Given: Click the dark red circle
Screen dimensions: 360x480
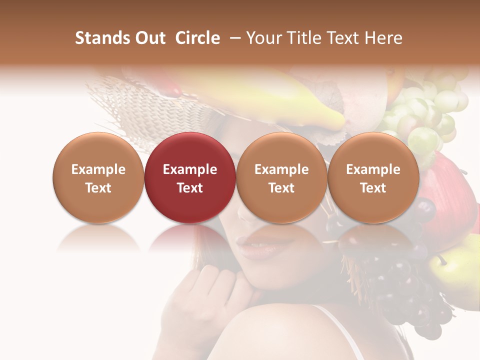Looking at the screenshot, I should [x=190, y=177].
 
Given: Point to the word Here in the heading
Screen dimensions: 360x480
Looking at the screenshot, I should [x=384, y=38].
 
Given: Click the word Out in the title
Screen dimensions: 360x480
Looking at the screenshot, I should [x=150, y=38].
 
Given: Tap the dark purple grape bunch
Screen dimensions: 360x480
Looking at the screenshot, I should [x=400, y=285].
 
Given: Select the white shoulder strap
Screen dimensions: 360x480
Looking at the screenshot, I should [x=345, y=330].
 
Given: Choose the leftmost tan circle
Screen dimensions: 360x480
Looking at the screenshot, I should [x=98, y=177].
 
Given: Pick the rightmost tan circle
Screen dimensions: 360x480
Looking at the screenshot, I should [x=373, y=177].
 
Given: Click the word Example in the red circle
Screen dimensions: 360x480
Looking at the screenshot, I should [x=190, y=169].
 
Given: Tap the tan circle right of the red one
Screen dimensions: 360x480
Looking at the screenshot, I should [x=281, y=177].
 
